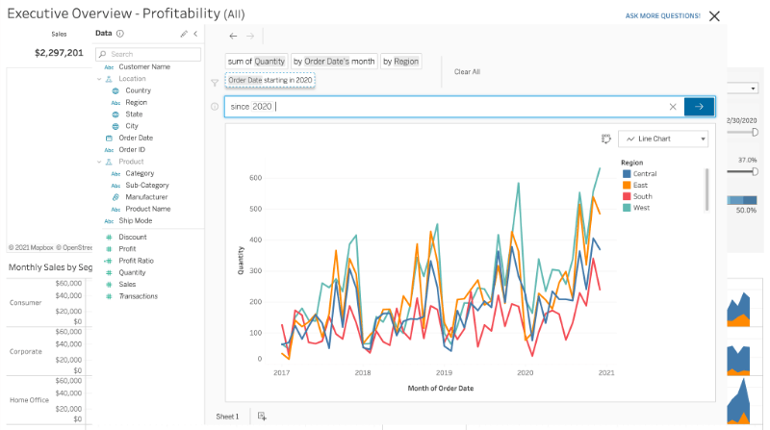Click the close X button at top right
[x=713, y=16]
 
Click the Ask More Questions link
[x=662, y=16]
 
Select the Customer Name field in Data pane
[x=144, y=66]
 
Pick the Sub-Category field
[x=146, y=185]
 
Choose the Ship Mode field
[x=136, y=220]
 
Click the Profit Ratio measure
[x=136, y=260]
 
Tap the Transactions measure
[x=138, y=295]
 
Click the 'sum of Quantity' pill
[x=255, y=61]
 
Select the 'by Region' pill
[x=400, y=61]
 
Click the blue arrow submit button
[x=699, y=106]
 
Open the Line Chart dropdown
[x=663, y=139]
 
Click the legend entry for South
[x=643, y=195]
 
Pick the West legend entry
[x=641, y=207]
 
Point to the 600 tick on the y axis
[x=256, y=178]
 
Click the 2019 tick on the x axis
[x=444, y=372]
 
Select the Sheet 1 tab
[x=227, y=416]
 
